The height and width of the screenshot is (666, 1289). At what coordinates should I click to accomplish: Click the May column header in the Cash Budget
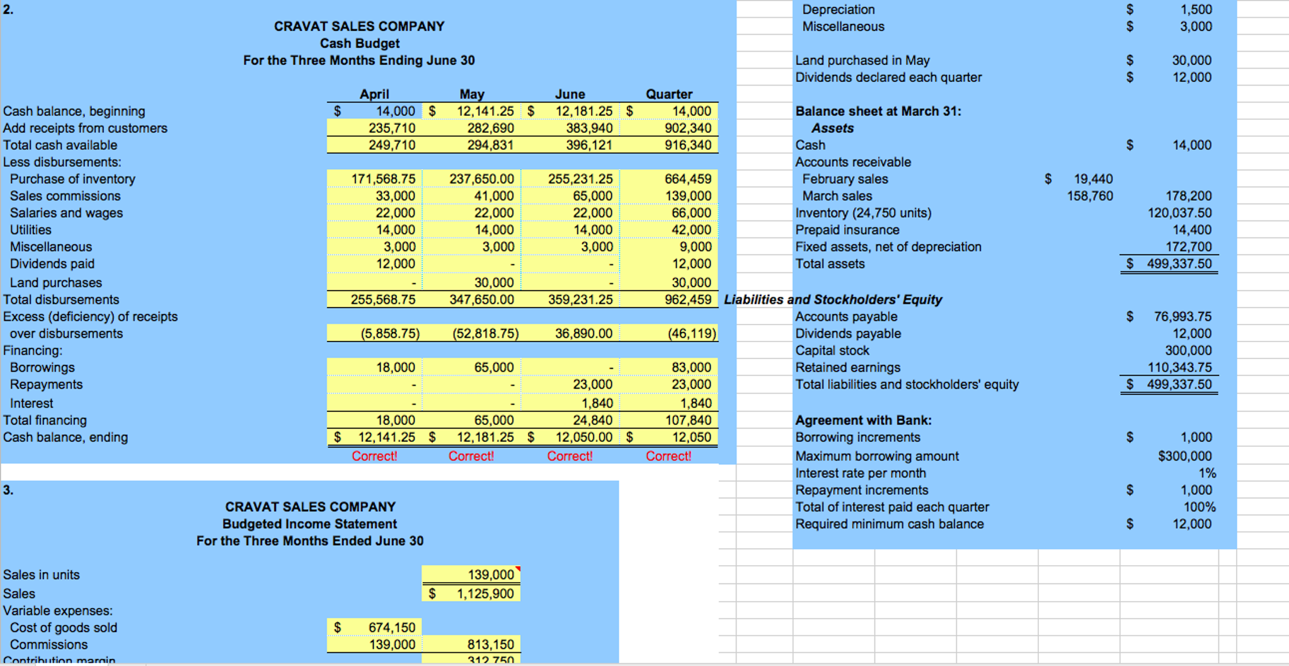(x=471, y=94)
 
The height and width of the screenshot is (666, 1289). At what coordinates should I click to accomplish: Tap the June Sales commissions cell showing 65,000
(x=592, y=196)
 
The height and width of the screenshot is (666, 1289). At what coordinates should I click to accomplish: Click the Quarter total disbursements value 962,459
(x=688, y=299)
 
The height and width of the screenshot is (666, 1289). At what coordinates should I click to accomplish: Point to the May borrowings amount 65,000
(x=494, y=367)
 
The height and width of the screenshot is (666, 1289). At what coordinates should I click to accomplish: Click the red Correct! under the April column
(x=374, y=456)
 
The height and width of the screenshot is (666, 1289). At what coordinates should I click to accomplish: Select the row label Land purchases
(x=55, y=283)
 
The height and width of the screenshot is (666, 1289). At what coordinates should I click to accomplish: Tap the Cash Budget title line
(x=359, y=43)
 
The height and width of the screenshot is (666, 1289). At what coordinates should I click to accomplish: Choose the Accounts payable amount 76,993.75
(x=1183, y=316)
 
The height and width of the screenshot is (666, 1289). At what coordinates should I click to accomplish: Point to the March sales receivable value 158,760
(x=1090, y=196)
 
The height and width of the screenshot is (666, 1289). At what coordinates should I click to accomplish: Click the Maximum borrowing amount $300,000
(x=1184, y=456)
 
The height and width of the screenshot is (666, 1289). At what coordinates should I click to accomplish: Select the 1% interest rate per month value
(x=1207, y=473)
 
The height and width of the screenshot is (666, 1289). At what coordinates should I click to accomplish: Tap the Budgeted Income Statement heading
(x=309, y=524)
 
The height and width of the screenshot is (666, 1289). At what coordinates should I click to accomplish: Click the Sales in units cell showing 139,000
(x=491, y=575)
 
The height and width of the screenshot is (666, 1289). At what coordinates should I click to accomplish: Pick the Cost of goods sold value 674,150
(x=392, y=628)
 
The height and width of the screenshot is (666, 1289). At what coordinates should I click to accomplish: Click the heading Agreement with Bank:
(x=863, y=420)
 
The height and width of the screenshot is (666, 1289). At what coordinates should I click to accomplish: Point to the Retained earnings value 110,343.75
(x=1179, y=367)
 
